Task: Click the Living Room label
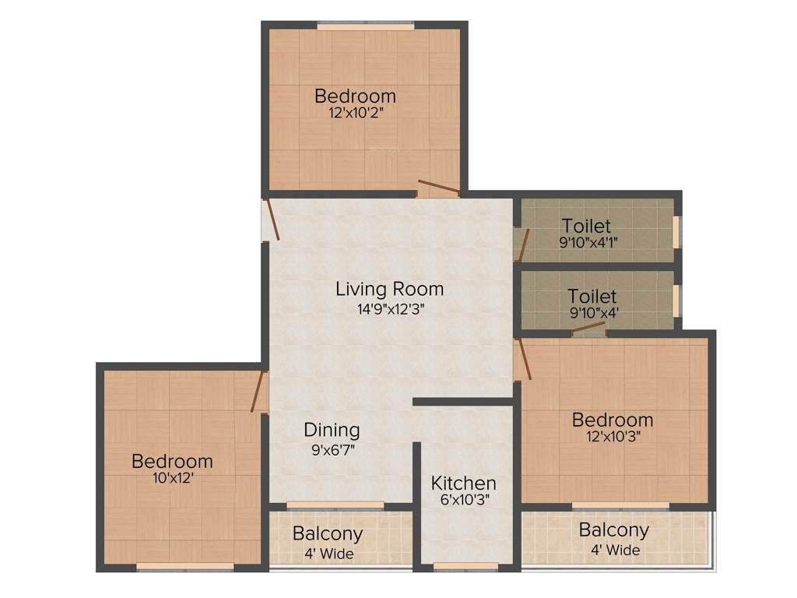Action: click(x=389, y=289)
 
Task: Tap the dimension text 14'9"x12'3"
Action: click(x=389, y=308)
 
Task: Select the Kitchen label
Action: click(x=463, y=483)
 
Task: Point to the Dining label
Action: click(x=332, y=430)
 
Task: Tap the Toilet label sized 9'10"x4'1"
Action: click(x=586, y=226)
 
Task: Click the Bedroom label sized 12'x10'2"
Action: click(x=355, y=96)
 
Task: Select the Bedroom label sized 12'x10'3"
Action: click(x=613, y=420)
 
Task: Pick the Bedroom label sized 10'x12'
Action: click(x=172, y=461)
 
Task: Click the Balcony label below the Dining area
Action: click(x=328, y=534)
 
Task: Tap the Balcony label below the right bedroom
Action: click(x=613, y=530)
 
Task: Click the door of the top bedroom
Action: click(x=438, y=187)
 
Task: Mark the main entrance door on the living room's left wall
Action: click(x=271, y=220)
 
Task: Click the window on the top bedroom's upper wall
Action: click(x=365, y=26)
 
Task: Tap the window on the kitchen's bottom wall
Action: click(x=465, y=566)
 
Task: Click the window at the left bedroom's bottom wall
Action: click(x=185, y=566)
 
